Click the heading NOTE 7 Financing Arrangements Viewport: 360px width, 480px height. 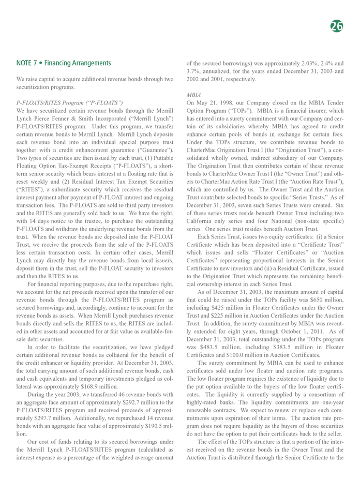(x=64, y=63)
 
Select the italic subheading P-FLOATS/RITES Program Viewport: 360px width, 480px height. (x=69, y=103)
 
